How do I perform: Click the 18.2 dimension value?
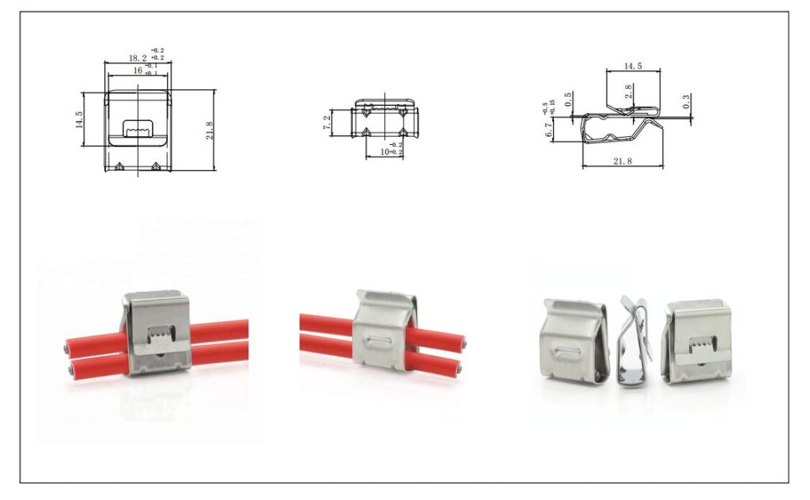tap(137, 59)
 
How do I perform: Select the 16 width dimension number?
tap(138, 71)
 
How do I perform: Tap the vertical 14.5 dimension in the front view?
tap(79, 119)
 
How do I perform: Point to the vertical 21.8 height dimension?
tap(210, 130)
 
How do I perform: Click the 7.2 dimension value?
tap(327, 123)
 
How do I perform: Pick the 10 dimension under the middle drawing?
tap(384, 151)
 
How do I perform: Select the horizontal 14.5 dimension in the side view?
tap(633, 66)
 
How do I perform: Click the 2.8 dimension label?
tap(628, 91)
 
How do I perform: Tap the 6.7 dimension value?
tap(549, 131)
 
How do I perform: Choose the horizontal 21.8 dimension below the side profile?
tap(623, 161)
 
